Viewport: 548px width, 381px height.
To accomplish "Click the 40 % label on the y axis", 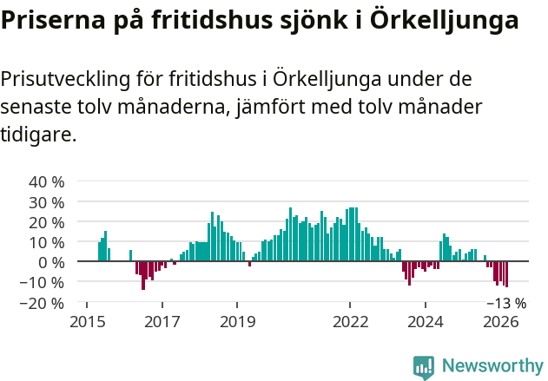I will (47, 182).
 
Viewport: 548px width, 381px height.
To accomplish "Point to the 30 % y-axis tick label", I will (47, 202).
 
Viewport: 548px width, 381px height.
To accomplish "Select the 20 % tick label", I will (47, 222).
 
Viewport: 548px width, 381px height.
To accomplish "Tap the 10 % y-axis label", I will (47, 242).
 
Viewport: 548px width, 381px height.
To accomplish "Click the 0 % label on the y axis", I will (51, 262).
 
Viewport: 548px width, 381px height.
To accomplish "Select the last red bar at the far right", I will (506, 274).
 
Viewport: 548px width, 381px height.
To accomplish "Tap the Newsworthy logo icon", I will (424, 367).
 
